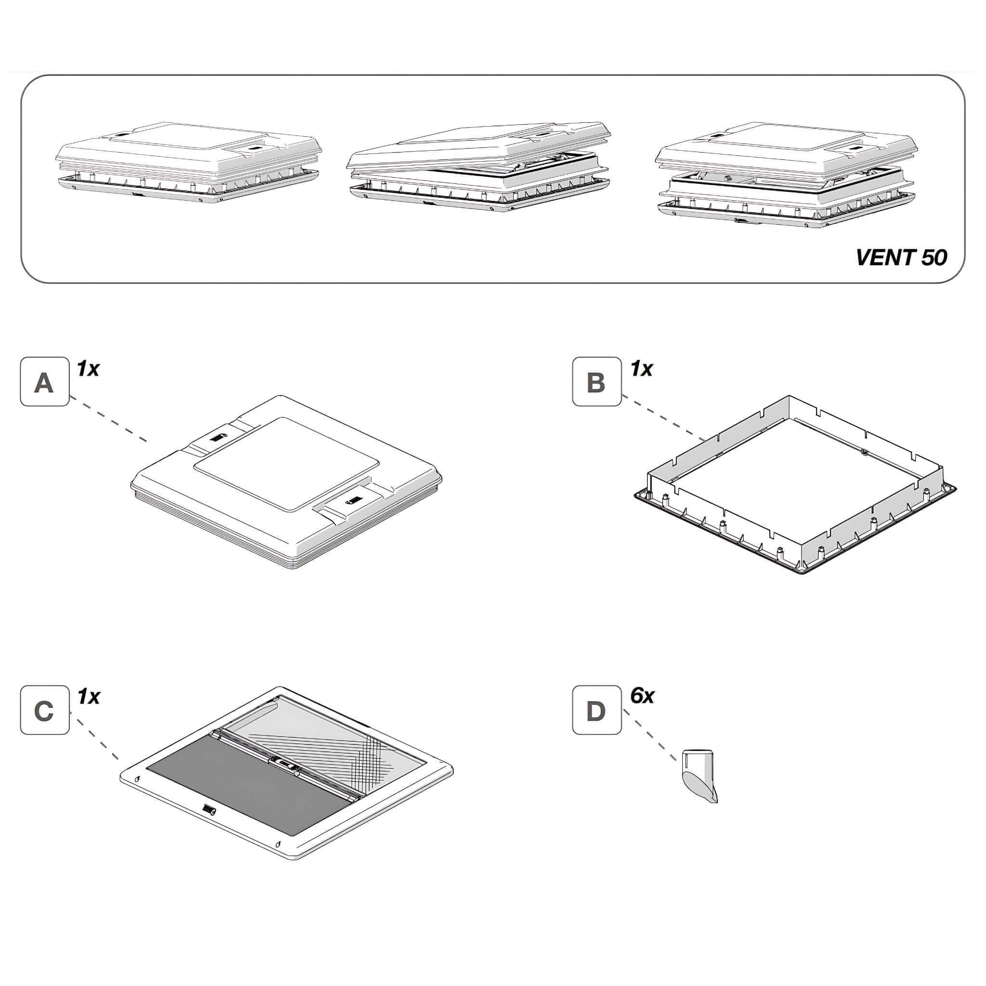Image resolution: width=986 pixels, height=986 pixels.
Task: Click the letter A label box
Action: pyautogui.click(x=45, y=381)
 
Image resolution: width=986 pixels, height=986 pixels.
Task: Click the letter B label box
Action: pyautogui.click(x=597, y=381)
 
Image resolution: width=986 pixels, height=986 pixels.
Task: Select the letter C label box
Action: pyautogui.click(x=45, y=710)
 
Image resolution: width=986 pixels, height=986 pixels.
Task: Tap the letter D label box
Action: pyautogui.click(x=597, y=710)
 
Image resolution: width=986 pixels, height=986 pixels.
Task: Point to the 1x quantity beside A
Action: pyautogui.click(x=88, y=368)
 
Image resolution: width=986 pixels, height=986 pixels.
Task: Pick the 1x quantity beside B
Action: pyautogui.click(x=641, y=368)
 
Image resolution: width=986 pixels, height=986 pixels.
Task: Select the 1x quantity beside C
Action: pyautogui.click(x=88, y=696)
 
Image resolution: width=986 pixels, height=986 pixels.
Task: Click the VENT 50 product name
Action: pyautogui.click(x=901, y=257)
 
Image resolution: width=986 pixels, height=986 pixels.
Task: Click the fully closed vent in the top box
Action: pyautogui.click(x=188, y=161)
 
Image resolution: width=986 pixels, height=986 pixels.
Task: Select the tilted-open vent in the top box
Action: pyautogui.click(x=479, y=167)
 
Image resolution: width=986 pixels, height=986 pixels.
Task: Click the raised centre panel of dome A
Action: pyautogui.click(x=287, y=464)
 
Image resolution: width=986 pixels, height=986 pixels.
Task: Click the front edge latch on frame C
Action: pyautogui.click(x=209, y=809)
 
